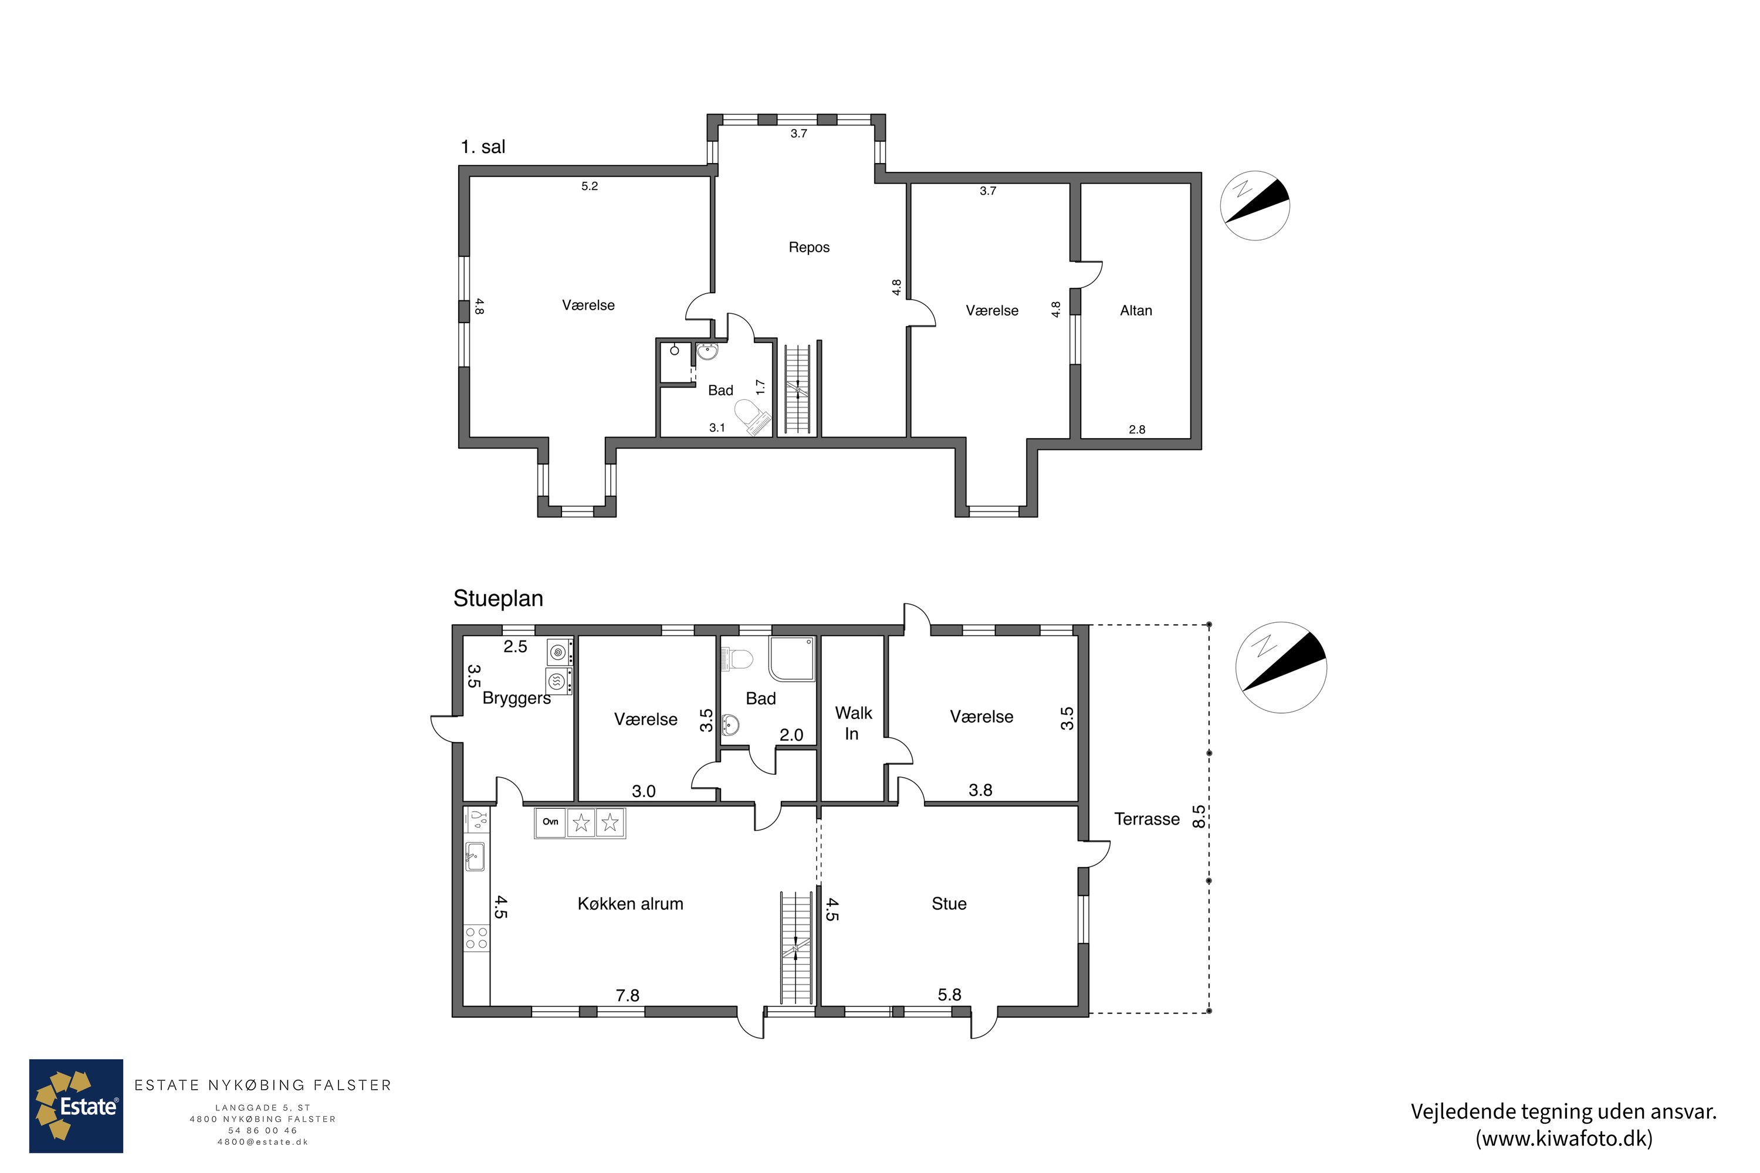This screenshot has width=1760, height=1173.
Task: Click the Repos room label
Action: click(x=809, y=247)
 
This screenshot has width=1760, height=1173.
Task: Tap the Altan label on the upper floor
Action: click(x=1136, y=310)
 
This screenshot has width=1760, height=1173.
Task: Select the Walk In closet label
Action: click(x=853, y=723)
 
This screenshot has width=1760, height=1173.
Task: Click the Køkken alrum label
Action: click(x=630, y=904)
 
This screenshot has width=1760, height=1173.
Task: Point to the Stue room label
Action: click(x=949, y=904)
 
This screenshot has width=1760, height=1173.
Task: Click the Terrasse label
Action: click(x=1146, y=819)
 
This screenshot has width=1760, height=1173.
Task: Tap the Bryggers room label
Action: click(x=516, y=698)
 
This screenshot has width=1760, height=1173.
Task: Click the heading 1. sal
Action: click(x=483, y=147)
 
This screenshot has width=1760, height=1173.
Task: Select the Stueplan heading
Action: click(x=498, y=598)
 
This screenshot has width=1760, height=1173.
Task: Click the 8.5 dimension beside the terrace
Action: click(x=1199, y=816)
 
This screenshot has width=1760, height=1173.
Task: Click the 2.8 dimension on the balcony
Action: click(x=1137, y=429)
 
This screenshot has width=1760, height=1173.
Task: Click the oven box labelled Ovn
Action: click(x=551, y=823)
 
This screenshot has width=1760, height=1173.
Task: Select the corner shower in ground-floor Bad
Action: click(x=791, y=659)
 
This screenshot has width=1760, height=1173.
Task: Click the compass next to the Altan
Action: click(x=1255, y=206)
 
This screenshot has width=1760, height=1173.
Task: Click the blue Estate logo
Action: click(x=76, y=1106)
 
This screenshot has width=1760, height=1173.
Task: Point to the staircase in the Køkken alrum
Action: click(x=796, y=947)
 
